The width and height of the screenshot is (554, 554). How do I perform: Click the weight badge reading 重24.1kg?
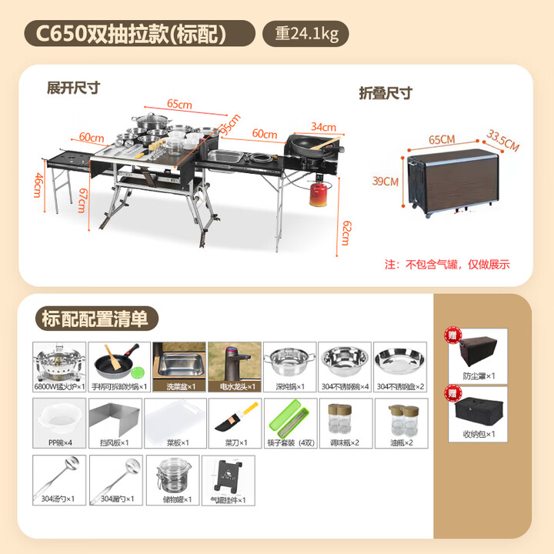(305, 34)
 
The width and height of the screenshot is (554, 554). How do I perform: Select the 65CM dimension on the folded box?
(442, 139)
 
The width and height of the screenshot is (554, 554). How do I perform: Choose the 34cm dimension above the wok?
(323, 127)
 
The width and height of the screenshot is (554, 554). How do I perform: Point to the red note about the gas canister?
(446, 264)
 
